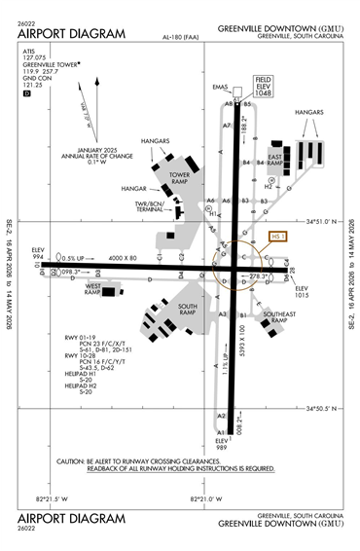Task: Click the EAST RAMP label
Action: (275, 160)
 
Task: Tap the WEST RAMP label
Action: (94, 290)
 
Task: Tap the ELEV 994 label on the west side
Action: (40, 253)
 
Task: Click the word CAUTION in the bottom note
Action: (75, 460)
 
